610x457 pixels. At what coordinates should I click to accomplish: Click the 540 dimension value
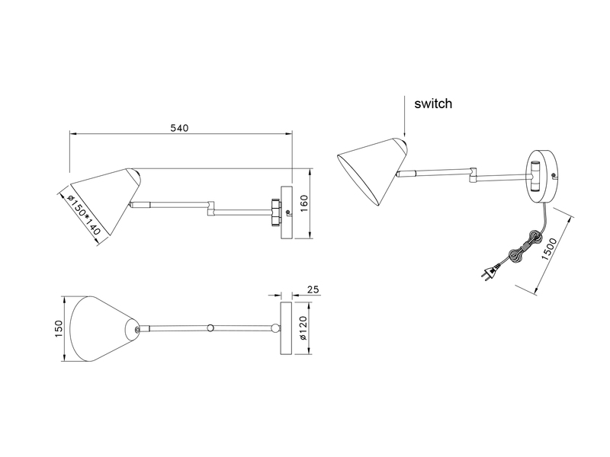[x=179, y=128]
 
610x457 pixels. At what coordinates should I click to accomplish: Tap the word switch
[x=434, y=103]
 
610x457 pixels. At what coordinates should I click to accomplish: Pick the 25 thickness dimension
[x=312, y=290]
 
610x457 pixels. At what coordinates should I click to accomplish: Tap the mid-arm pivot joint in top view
[x=211, y=328]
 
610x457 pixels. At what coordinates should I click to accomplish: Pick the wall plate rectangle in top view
[x=286, y=328]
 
